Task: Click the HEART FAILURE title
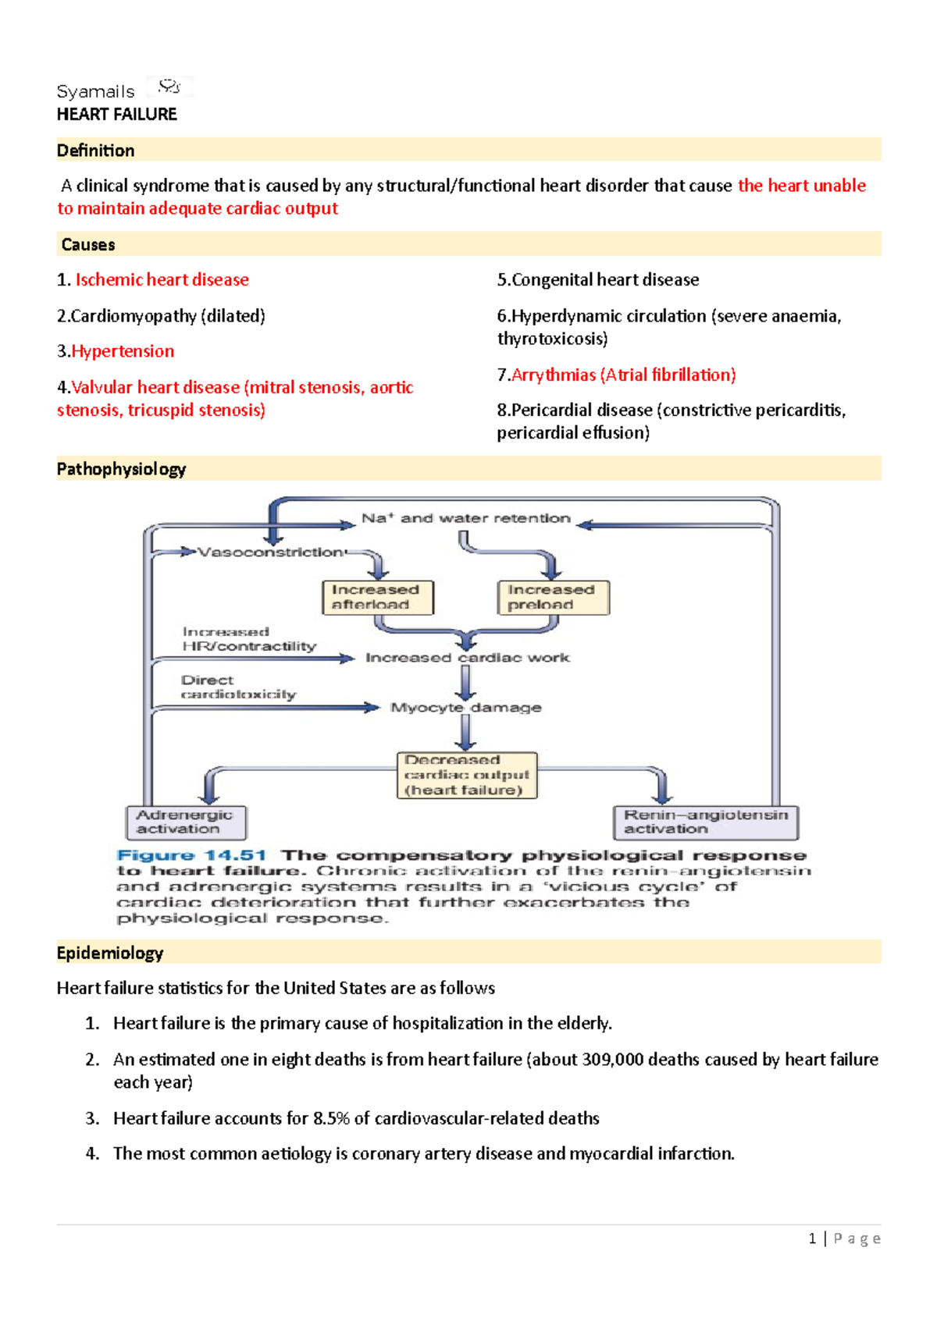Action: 116,115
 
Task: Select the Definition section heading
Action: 95,151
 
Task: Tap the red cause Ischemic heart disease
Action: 162,279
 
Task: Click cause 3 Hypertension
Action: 122,351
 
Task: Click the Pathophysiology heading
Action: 121,469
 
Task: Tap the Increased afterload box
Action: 377,597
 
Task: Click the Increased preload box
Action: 553,597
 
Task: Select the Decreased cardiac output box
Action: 466,775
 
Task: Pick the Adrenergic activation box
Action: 186,822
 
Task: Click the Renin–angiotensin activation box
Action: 705,822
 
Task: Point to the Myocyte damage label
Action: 465,708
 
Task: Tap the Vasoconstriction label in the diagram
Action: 270,552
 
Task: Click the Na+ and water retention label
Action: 465,518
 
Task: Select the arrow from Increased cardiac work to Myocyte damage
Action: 466,683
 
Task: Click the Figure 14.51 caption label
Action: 191,855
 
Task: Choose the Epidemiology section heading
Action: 109,953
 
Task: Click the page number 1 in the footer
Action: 812,1238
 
